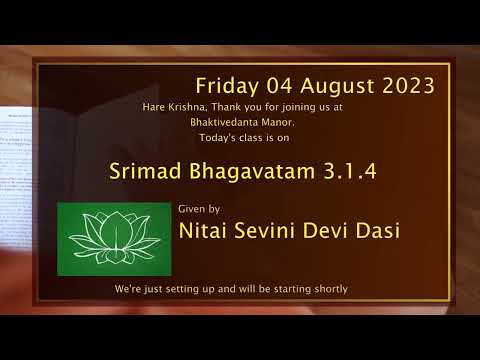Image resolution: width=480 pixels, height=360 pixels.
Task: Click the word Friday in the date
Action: [x=223, y=83]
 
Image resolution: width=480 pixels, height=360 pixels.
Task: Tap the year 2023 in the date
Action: [x=405, y=83]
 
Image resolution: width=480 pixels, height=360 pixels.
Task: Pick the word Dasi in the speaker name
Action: [x=375, y=231]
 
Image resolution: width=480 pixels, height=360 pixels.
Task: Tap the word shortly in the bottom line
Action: [x=328, y=289]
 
